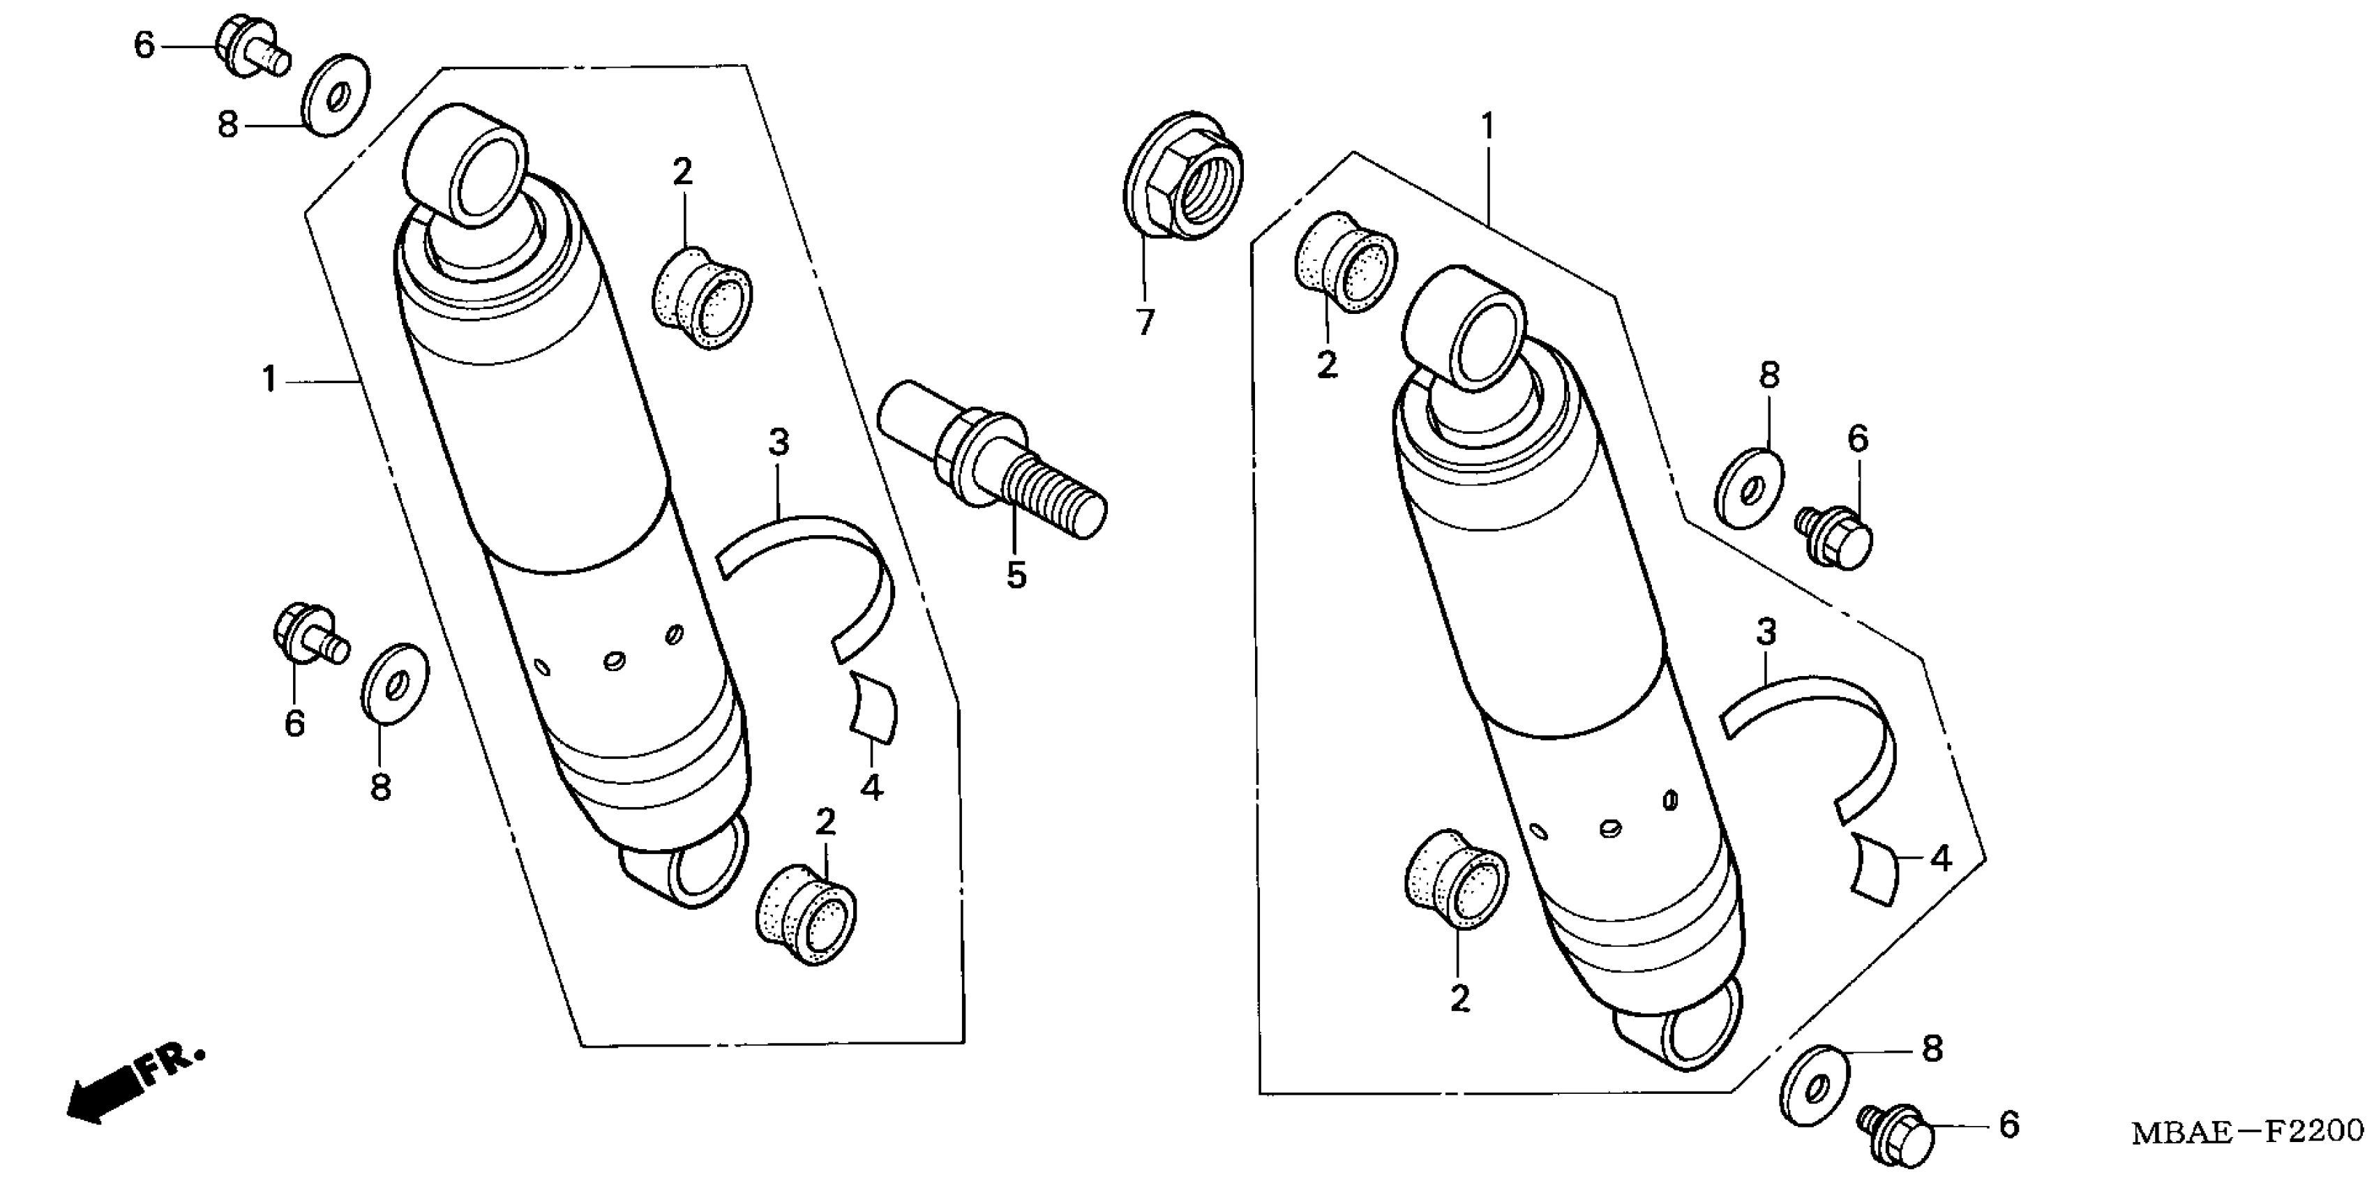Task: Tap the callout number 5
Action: coord(1016,575)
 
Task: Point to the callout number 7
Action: coord(1145,322)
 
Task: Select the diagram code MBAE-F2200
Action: coord(2245,1132)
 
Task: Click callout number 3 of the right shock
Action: coord(1766,633)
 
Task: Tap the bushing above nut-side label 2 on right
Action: coord(1346,262)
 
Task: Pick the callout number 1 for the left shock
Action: coord(269,380)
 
